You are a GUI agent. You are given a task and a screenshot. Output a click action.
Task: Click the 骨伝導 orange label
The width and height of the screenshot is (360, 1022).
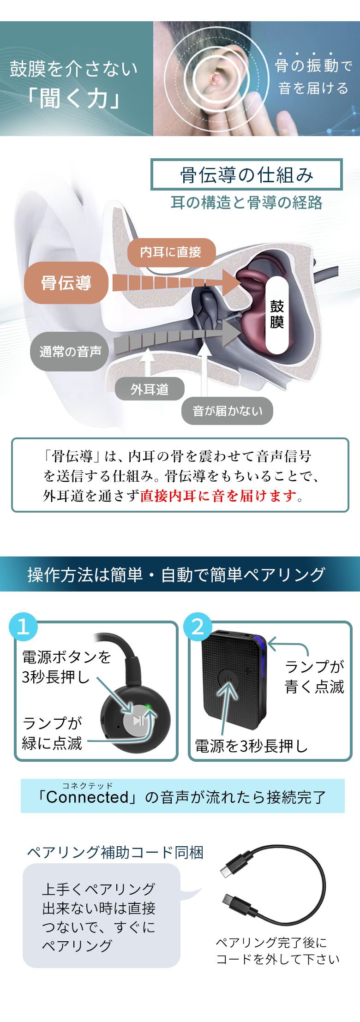(x=66, y=283)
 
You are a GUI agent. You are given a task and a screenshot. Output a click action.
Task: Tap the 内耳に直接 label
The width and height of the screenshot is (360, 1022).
(x=171, y=252)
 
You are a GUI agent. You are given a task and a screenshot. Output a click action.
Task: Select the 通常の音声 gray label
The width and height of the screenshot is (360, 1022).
(x=70, y=352)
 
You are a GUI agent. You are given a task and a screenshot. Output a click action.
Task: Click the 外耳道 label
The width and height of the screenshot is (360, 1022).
(x=150, y=389)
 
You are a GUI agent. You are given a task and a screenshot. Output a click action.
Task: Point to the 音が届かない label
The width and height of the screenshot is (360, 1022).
(x=227, y=411)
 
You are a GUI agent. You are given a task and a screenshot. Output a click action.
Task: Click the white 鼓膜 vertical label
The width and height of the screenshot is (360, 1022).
(x=277, y=314)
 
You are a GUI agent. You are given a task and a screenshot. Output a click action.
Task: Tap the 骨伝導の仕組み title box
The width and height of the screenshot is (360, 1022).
(x=246, y=175)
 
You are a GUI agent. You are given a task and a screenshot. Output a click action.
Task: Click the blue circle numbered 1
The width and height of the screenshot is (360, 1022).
(x=24, y=627)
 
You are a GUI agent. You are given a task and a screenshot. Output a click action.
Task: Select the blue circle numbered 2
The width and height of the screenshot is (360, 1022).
(x=198, y=627)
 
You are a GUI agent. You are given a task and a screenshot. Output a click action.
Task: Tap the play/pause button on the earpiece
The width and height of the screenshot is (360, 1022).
(x=138, y=720)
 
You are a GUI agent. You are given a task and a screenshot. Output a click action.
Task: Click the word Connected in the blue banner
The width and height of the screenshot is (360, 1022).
(x=87, y=797)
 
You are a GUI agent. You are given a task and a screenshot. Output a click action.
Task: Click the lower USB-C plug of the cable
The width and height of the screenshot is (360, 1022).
(x=234, y=902)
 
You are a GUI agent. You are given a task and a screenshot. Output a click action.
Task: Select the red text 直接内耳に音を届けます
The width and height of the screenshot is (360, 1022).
(x=218, y=496)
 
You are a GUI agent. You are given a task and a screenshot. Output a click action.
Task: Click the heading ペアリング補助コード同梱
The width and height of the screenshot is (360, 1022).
(x=115, y=852)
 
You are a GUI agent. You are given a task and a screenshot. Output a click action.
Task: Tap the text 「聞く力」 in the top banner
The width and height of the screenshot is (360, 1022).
(x=74, y=99)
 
